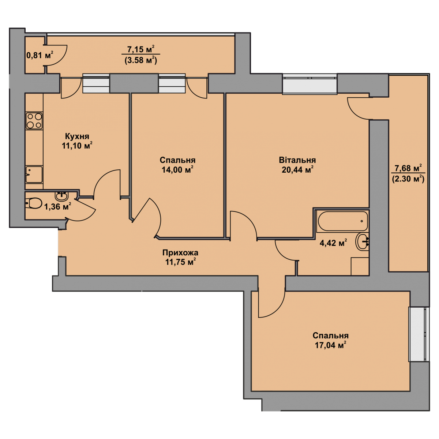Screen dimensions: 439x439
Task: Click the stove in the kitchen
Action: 34,121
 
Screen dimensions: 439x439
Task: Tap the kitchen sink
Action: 34,175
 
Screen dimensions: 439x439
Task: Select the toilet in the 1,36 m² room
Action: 33,203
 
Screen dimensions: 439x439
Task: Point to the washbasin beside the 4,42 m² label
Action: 363,242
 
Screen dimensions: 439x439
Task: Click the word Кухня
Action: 77,136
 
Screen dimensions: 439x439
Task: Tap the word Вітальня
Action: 297,160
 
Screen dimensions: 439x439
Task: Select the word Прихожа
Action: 180,253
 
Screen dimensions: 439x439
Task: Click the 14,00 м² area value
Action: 178,169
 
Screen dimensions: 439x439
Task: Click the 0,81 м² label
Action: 40,55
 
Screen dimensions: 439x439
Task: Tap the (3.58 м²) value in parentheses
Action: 141,60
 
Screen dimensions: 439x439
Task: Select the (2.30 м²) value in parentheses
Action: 408,179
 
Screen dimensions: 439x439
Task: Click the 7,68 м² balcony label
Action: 408,168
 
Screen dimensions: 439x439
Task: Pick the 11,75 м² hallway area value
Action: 181,262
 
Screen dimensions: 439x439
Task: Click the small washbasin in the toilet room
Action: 61,195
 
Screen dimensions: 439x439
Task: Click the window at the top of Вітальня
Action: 309,84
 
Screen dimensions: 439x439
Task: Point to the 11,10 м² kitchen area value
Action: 77,146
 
